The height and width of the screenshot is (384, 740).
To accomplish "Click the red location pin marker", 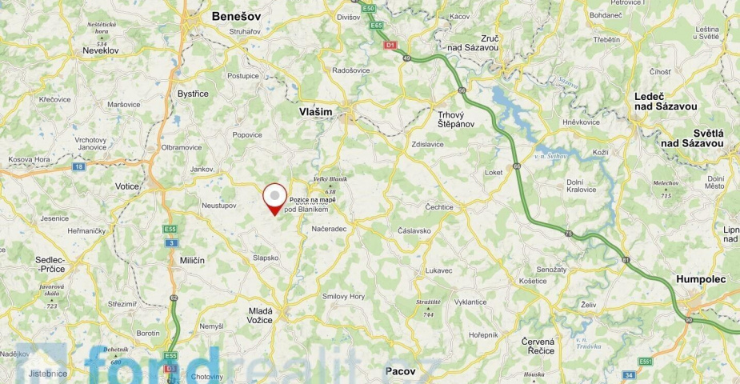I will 275,198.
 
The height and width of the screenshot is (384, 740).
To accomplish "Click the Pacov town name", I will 400,371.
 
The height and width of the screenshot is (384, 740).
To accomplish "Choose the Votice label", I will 127,186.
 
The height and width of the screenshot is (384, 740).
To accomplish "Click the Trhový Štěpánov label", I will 456,119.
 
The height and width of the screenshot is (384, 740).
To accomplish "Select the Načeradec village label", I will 329,229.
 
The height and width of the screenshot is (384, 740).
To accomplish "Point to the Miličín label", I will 192,261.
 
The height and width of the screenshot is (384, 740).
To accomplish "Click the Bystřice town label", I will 193,94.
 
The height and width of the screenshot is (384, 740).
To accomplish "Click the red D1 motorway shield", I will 390,46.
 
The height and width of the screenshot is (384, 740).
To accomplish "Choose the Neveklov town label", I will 101,50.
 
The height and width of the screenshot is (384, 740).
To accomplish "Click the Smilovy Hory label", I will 343,296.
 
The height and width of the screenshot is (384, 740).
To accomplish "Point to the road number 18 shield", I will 78,166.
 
